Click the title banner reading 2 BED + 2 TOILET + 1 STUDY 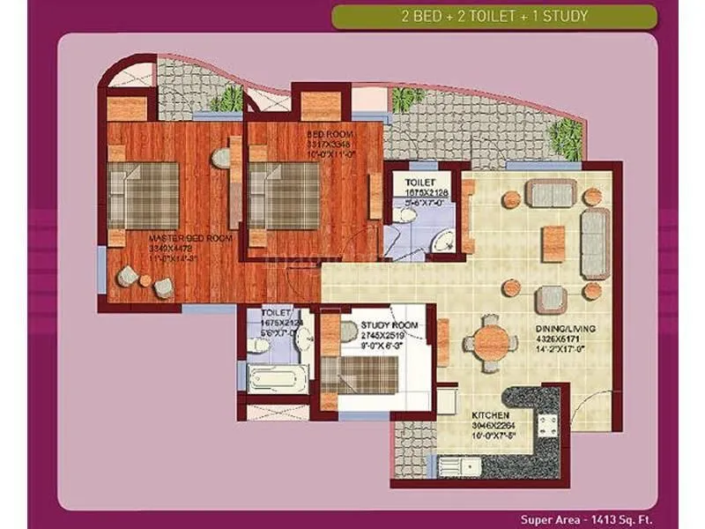pos(493,16)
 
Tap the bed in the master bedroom pos(143,195)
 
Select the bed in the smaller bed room pos(284,195)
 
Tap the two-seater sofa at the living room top pos(551,191)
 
